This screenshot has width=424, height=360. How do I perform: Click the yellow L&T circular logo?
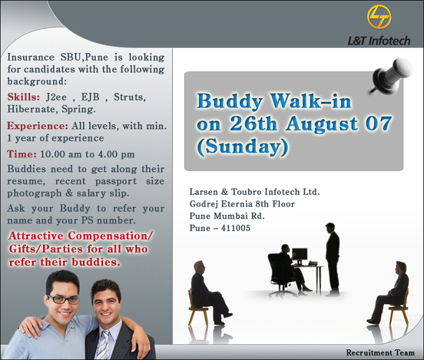(379, 17)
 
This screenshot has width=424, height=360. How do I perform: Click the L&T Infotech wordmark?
(379, 41)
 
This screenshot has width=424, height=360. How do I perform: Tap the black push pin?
(390, 76)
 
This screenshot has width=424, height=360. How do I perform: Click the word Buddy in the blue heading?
(230, 102)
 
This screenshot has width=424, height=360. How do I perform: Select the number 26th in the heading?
(253, 124)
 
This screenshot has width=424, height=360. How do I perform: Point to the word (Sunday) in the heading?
(243, 147)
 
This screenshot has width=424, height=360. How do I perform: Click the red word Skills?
(24, 97)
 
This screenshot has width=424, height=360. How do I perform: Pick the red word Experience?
(37, 126)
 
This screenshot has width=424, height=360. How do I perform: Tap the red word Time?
(22, 154)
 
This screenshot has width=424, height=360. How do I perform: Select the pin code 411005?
(236, 228)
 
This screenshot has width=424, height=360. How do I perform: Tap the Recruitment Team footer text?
(380, 353)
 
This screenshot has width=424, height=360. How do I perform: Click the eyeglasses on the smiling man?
(64, 299)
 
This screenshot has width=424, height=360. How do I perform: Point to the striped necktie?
(104, 344)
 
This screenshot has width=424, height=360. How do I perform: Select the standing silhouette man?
(332, 260)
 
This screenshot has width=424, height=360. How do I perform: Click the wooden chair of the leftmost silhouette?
(197, 309)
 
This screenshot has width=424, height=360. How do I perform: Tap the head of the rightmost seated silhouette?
(400, 268)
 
